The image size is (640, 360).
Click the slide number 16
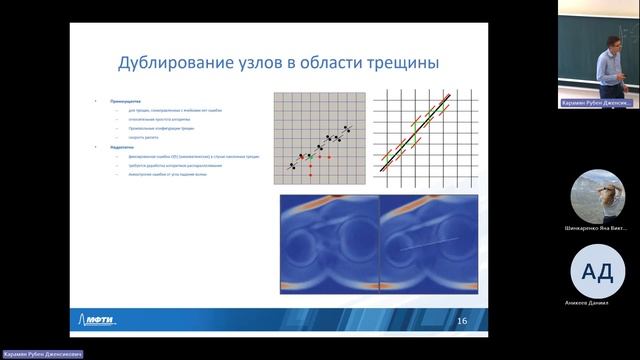pyautogui.click(x=461, y=320)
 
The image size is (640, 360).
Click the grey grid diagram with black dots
pyautogui.click(x=319, y=139)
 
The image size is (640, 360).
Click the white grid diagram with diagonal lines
pyautogui.click(x=419, y=139)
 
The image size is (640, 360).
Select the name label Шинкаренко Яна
pyautogui.click(x=597, y=229)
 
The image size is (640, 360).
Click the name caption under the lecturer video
pyautogui.click(x=596, y=103)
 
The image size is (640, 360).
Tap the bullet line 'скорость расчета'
pyautogui.click(x=144, y=138)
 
